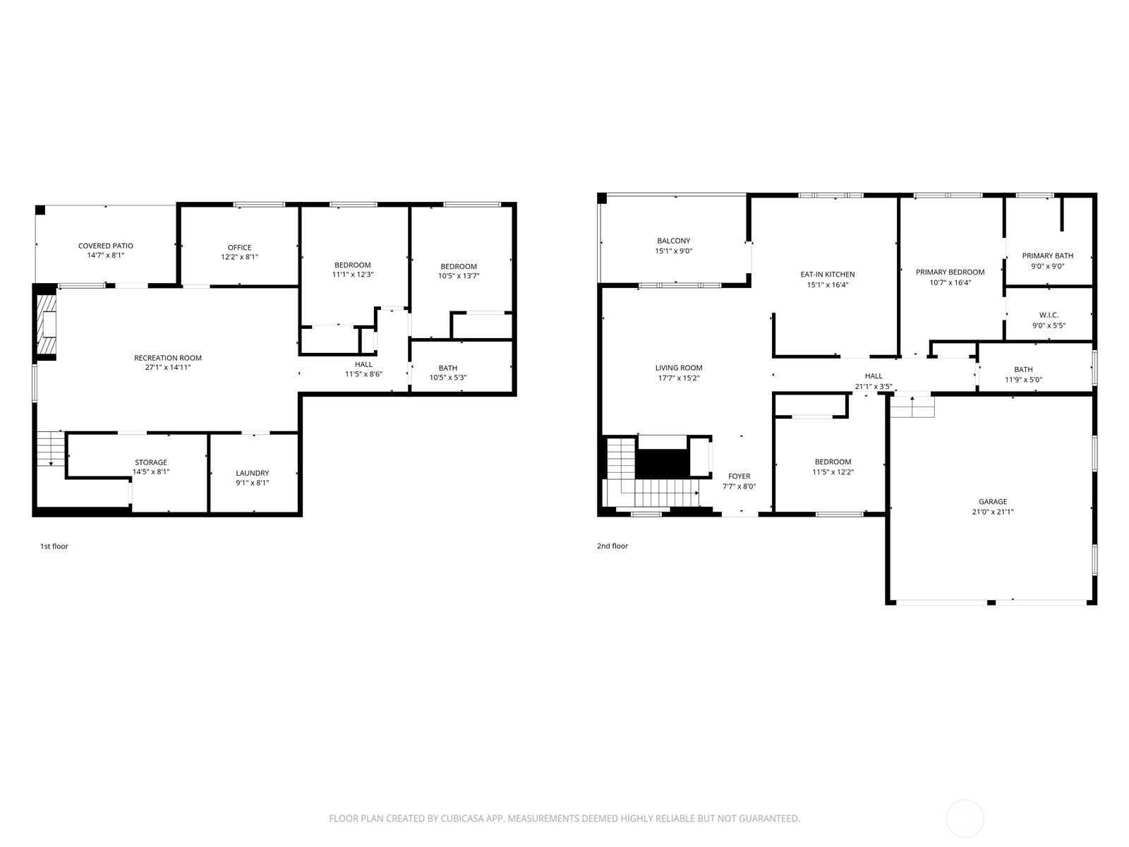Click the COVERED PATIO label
point(105,246)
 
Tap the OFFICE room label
point(239,248)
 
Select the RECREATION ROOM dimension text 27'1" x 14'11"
point(168,367)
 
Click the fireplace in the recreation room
point(47,325)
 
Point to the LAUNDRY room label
point(252,473)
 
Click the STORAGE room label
point(151,462)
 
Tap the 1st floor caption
point(54,546)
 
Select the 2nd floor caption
point(612,546)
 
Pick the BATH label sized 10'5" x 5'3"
point(447,368)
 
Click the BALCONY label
point(673,241)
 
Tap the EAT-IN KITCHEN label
point(827,275)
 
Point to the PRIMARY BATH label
point(1048,256)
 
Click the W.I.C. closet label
point(1049,315)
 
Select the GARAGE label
point(992,502)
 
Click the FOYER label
point(739,476)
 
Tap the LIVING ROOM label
point(678,368)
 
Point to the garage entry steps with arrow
point(912,407)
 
